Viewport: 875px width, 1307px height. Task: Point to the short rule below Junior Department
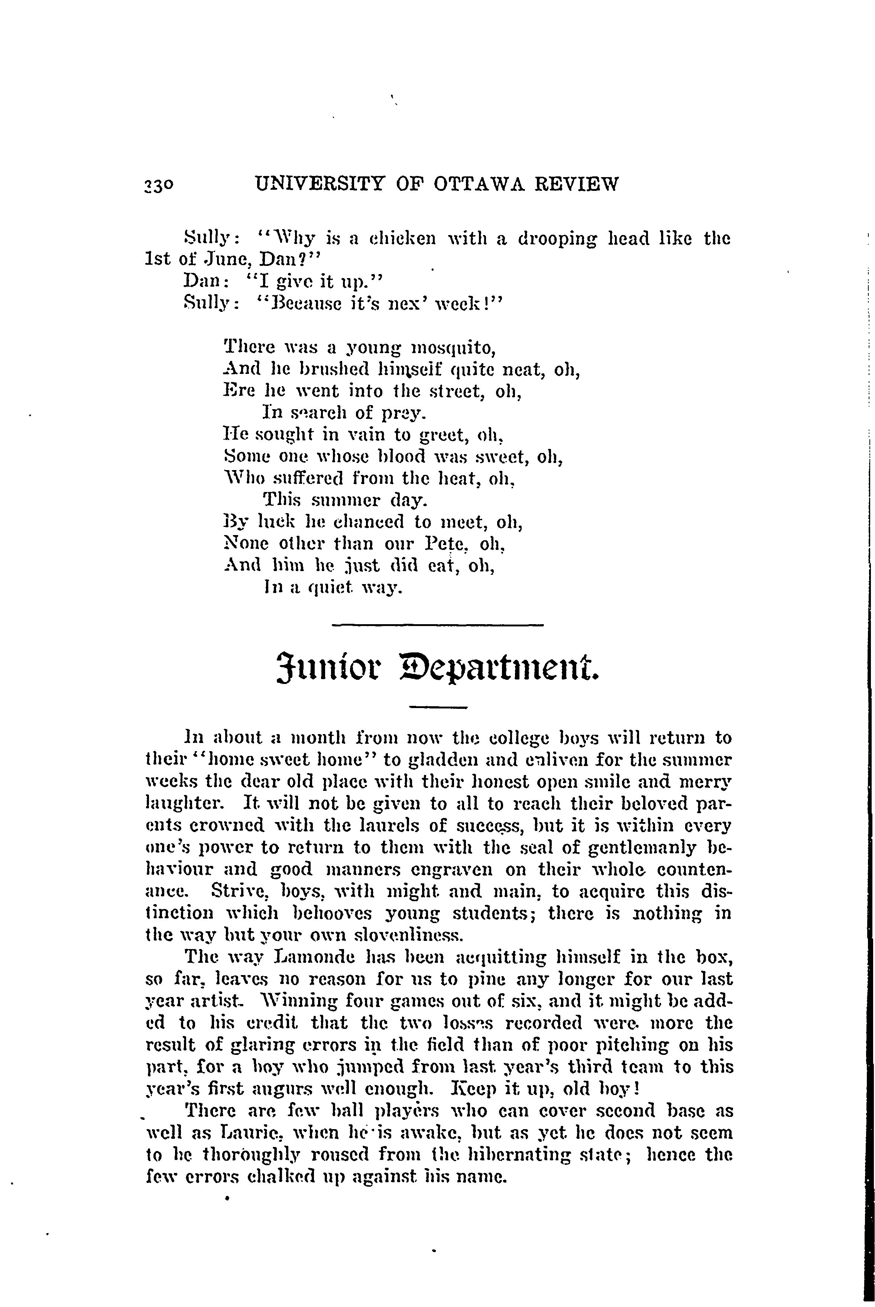pyautogui.click(x=438, y=708)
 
